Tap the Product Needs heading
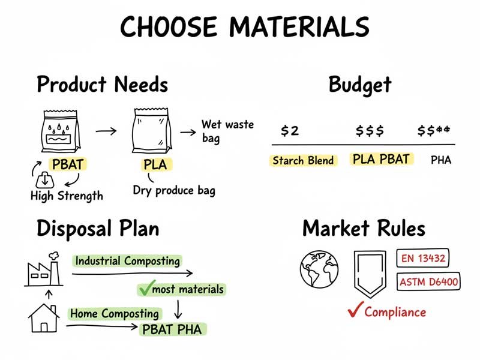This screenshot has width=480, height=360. pos(102,85)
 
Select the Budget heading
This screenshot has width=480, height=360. pos(360,85)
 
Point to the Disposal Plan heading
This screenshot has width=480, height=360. pos(98,229)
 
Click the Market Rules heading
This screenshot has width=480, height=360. pos(364,229)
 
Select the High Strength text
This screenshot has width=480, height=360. pos(67,196)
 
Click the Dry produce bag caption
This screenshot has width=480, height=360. pos(174,191)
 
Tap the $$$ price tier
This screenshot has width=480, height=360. pos(370,131)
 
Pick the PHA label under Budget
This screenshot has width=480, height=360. pos(441,160)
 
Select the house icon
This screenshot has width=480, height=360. pos(44,317)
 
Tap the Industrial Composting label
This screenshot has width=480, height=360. pos(127,261)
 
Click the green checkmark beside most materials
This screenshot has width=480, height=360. pos(144,289)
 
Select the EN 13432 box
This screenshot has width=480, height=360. pos(423,259)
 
